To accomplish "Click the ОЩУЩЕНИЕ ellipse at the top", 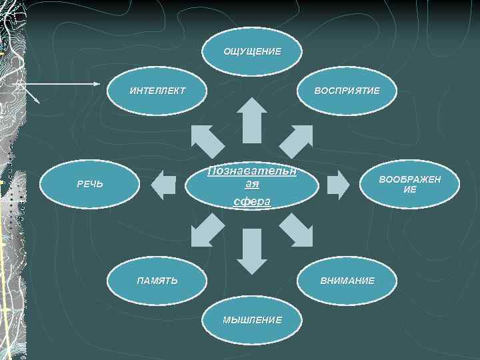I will (x=251, y=51).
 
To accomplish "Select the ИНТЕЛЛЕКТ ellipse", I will (x=158, y=89).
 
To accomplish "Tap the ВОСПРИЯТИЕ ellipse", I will (x=347, y=89).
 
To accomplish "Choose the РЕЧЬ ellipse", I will (x=89, y=183).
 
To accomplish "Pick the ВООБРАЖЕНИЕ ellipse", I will (x=410, y=183).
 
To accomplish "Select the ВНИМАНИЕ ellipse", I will (x=347, y=281).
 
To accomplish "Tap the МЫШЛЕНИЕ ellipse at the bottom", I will (x=252, y=319).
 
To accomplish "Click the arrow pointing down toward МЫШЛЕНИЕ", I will (x=251, y=251).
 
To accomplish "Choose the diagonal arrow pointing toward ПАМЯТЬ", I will (x=207, y=230).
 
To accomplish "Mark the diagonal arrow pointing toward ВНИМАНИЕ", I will (x=295, y=230).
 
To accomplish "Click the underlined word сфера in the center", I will (x=251, y=201).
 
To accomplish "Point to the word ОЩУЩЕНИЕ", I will (x=251, y=51).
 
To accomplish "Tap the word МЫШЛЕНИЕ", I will (x=252, y=319).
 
